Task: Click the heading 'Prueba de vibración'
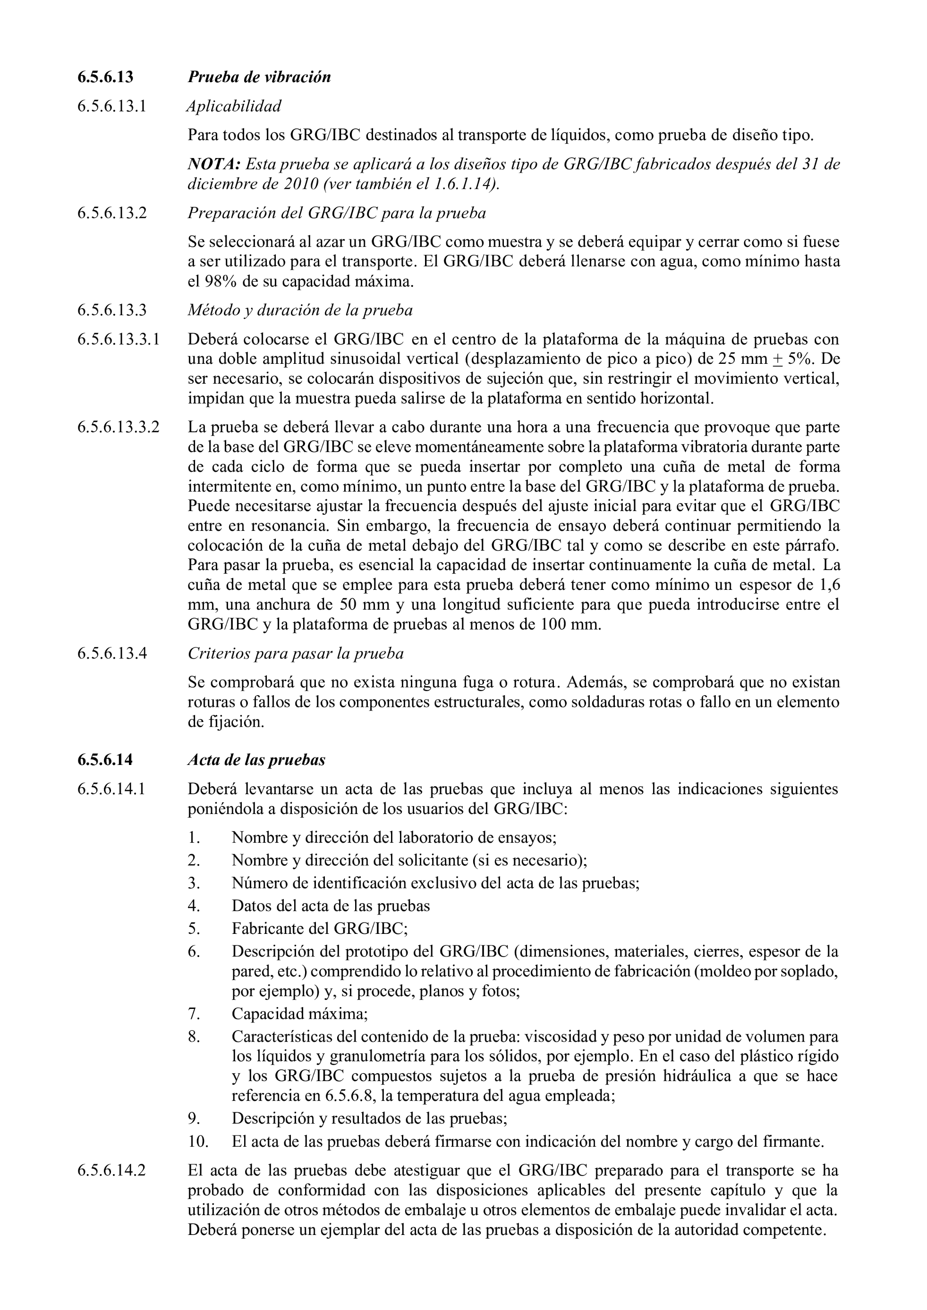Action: point(259,77)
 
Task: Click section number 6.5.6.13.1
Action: point(112,106)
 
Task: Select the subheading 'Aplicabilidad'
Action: point(234,106)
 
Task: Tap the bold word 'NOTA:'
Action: point(213,164)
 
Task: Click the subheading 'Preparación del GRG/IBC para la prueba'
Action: point(337,213)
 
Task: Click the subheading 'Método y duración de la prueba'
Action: point(300,311)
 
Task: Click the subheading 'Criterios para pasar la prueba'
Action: point(295,653)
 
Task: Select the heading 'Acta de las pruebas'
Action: point(256,760)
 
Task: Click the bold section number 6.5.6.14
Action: point(105,760)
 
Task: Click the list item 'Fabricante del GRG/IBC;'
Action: point(320,928)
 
